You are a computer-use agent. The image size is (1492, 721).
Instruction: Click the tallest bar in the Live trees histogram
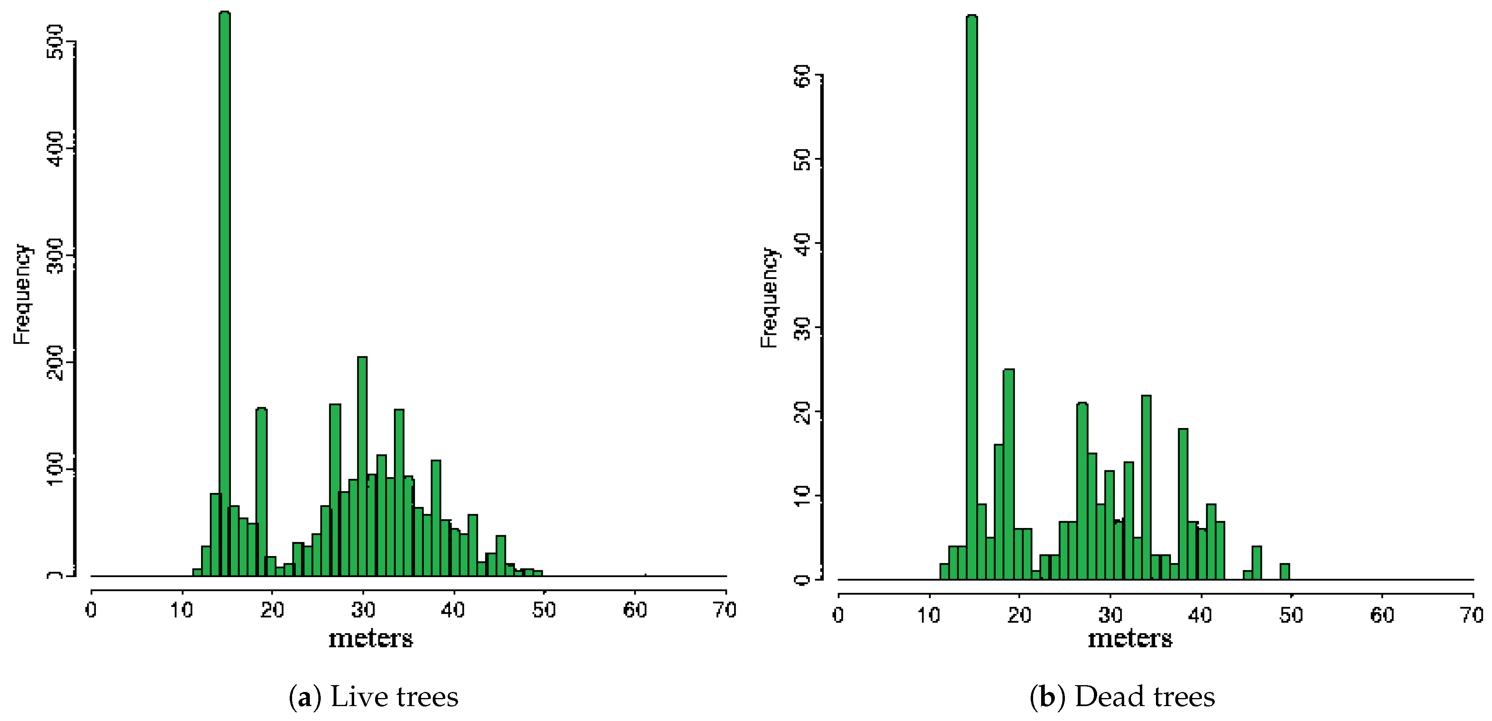[225, 289]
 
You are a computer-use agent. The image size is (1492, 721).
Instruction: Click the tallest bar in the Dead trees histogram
[972, 289]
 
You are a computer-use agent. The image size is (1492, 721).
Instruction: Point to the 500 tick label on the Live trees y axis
[56, 42]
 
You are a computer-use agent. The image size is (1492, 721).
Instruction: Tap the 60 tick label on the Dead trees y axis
[803, 75]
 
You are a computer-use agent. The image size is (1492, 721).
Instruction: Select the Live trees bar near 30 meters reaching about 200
[362, 463]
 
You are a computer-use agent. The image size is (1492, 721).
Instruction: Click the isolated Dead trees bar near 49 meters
[1284, 571]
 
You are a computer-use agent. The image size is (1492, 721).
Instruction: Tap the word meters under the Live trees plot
[371, 639]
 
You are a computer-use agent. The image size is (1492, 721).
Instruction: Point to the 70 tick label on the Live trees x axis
[724, 610]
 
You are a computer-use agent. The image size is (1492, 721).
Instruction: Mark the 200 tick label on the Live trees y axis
[56, 363]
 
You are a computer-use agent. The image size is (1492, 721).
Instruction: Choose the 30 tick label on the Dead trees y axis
[803, 328]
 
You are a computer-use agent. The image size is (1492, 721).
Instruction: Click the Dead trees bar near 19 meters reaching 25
[1009, 475]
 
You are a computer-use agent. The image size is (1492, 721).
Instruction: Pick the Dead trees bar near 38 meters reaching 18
[1183, 504]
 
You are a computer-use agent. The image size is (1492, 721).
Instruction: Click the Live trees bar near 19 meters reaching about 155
[261, 492]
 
